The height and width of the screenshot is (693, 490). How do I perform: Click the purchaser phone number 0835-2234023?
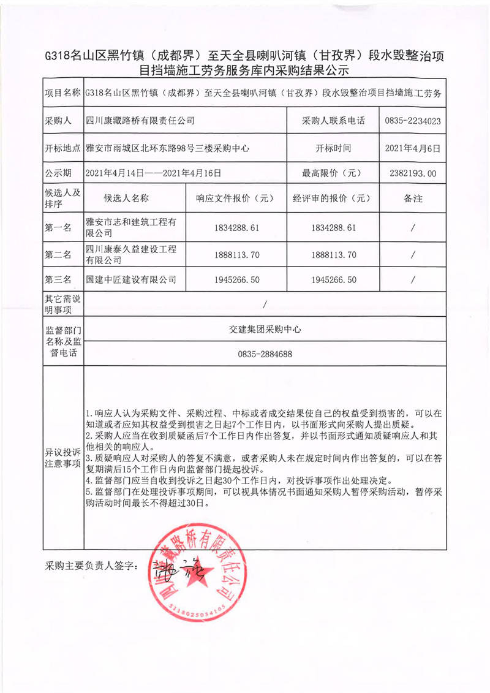coord(413,121)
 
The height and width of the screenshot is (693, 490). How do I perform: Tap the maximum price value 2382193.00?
coord(413,173)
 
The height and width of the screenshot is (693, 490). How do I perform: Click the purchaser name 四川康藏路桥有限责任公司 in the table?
coord(140,121)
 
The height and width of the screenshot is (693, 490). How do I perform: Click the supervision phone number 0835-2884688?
coord(265,354)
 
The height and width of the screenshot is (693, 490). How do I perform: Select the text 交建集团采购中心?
coord(265,328)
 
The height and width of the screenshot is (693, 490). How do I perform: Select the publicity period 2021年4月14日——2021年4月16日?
coord(153,173)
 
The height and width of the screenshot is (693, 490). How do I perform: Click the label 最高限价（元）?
coord(333,173)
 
